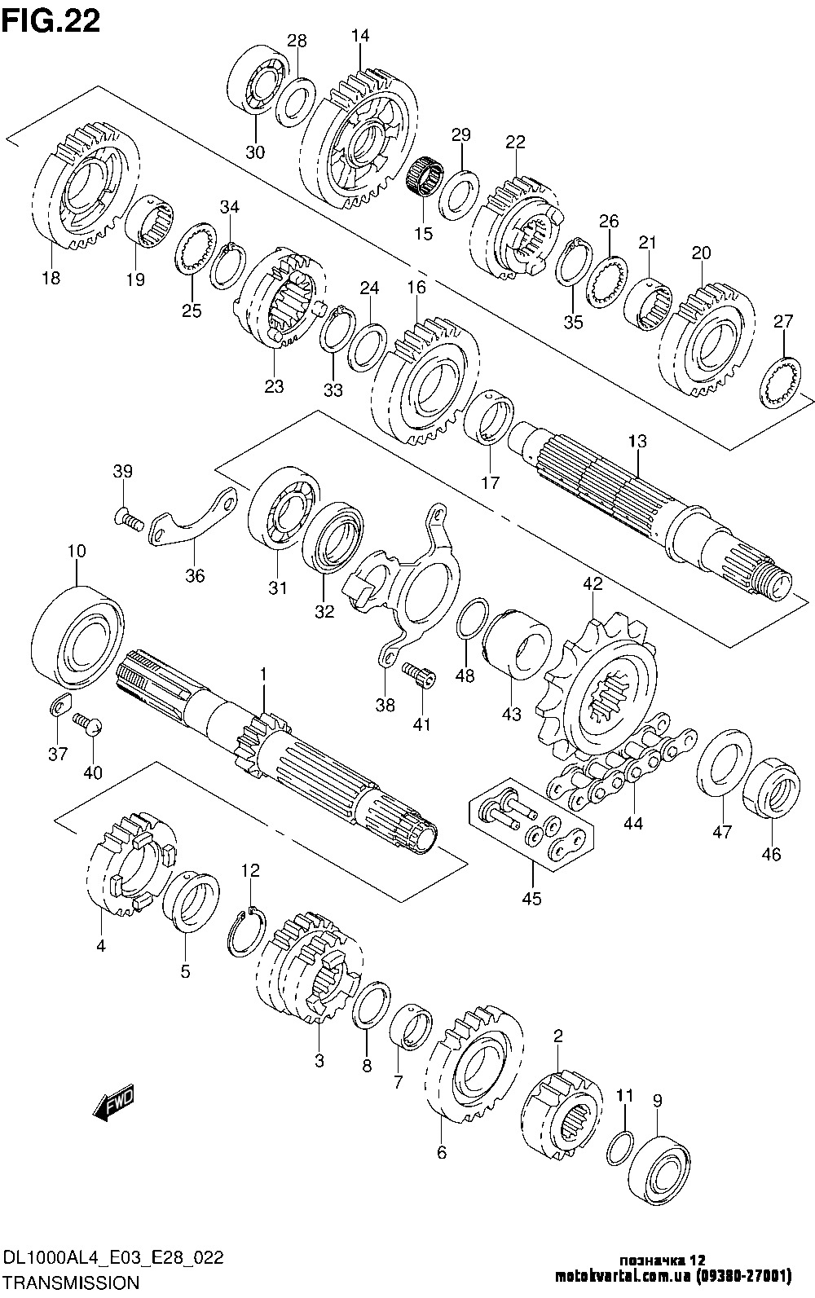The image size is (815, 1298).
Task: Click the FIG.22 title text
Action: pos(51,20)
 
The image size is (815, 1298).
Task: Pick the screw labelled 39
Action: pos(126,515)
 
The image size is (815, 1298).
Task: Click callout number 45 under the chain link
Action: pos(531,899)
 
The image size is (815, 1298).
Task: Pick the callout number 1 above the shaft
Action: pos(263,675)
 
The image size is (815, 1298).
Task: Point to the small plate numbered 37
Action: pos(57,706)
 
